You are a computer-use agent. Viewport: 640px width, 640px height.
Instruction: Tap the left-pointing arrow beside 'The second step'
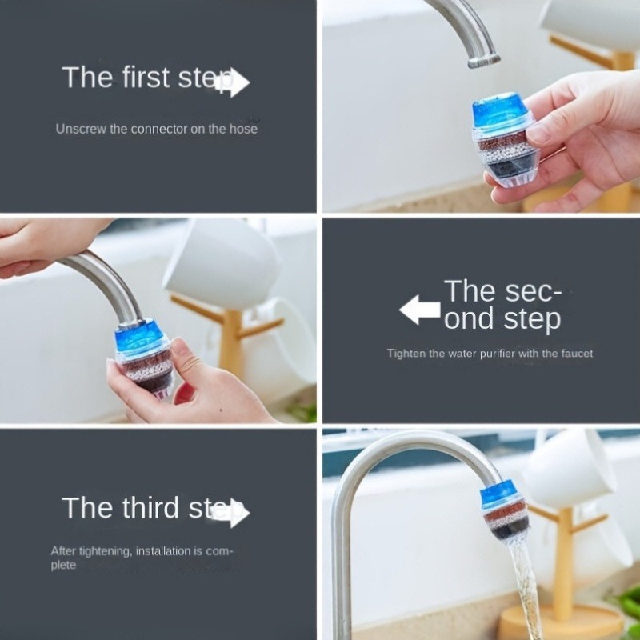pos(420,310)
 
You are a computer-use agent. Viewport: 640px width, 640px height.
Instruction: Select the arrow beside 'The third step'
pos(233,513)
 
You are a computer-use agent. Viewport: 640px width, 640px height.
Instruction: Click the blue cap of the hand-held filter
pos(501,113)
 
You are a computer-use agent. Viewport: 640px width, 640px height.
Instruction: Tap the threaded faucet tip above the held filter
pos(482,59)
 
